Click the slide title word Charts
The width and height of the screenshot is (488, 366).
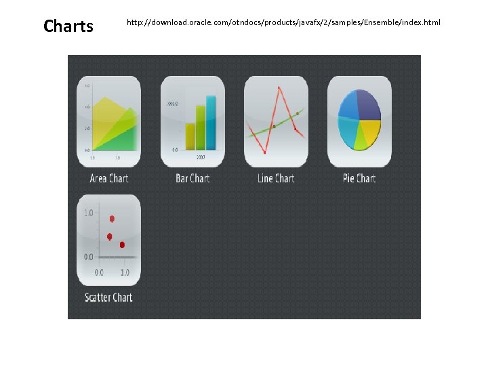(x=68, y=26)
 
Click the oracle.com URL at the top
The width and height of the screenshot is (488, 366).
(x=283, y=23)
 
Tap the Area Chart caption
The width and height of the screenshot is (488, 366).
(x=109, y=178)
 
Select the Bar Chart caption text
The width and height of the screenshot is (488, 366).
(x=192, y=178)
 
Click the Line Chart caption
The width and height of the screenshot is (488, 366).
(x=276, y=178)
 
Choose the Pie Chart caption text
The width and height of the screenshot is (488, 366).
(x=359, y=178)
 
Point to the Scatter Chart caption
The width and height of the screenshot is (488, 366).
(x=108, y=297)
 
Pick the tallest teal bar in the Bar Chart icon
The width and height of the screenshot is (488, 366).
(x=211, y=123)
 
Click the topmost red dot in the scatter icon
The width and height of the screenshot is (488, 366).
(x=112, y=218)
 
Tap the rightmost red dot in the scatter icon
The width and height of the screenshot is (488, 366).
(x=123, y=245)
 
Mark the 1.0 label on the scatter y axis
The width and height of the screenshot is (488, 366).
(x=89, y=213)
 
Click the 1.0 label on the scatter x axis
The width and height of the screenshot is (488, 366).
(x=125, y=272)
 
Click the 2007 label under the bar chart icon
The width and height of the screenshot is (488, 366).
(x=201, y=157)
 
